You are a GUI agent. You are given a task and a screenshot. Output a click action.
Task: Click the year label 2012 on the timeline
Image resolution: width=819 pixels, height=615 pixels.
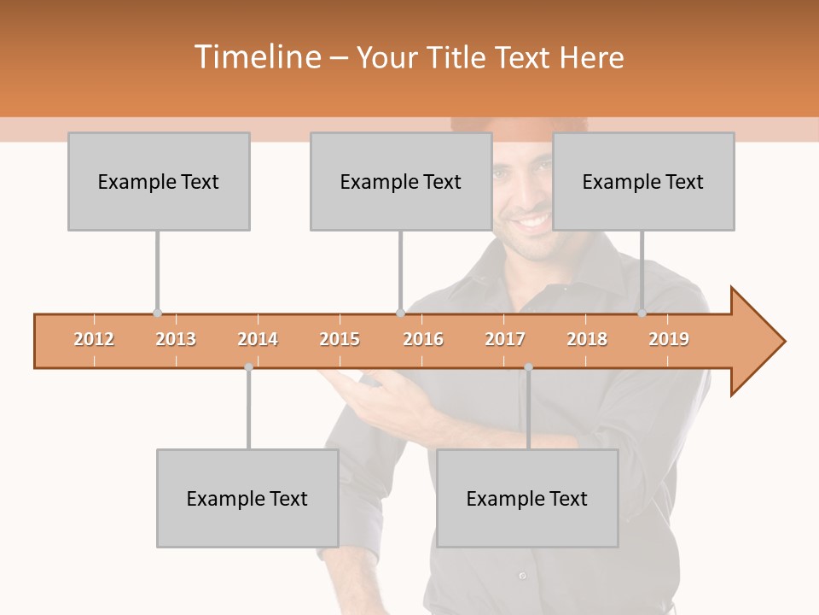coord(94,339)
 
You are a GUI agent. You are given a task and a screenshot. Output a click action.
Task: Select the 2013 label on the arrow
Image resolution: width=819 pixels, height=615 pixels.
coord(176,339)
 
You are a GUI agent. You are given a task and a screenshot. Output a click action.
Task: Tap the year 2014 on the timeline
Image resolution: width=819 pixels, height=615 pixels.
coord(258,339)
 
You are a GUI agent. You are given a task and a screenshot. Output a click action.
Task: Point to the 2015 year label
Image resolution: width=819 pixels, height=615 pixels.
coord(340,339)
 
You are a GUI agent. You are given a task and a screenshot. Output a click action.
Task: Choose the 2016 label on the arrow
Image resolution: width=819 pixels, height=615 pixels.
coord(423,339)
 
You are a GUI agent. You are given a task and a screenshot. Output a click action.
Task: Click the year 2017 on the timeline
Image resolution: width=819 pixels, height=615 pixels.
coord(505,339)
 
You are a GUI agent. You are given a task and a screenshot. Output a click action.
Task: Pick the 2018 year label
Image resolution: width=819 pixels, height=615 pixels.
coord(587,339)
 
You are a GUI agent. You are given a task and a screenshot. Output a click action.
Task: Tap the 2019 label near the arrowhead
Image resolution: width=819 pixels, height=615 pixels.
coord(669,339)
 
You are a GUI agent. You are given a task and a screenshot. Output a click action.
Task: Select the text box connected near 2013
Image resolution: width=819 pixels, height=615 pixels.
coord(159,181)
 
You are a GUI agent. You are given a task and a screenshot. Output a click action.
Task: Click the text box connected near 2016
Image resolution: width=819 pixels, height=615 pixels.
coord(401,181)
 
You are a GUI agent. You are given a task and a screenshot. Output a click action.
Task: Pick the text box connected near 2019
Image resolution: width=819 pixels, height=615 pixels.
coord(643,181)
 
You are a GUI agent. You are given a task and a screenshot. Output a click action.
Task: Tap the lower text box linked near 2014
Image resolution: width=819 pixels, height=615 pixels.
coord(247,498)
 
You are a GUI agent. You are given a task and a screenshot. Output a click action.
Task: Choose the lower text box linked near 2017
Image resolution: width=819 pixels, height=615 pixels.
coord(527,498)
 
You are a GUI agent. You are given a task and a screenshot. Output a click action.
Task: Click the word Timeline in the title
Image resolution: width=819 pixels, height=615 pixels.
coord(256,57)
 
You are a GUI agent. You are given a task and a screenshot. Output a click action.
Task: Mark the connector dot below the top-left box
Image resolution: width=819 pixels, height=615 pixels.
coord(157,313)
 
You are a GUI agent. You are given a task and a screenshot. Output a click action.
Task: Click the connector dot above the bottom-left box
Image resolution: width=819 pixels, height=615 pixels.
coord(248,367)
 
